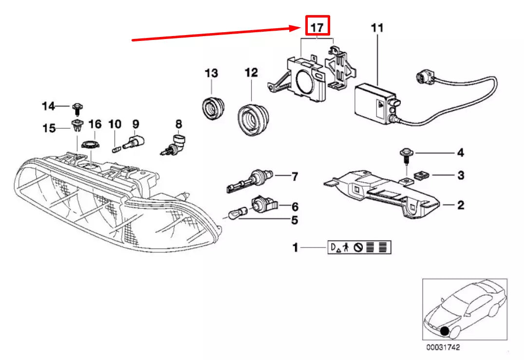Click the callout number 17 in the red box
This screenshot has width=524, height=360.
tap(317, 27)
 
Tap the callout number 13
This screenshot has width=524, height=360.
tap(211, 74)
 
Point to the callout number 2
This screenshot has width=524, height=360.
tap(460, 206)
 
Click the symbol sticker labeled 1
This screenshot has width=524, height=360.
tap(359, 248)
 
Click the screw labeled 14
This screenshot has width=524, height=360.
tap(78, 107)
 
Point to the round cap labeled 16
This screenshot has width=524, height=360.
tap(90, 145)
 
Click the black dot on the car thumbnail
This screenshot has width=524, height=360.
tap(444, 332)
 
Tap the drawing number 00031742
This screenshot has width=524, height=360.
tap(443, 348)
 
